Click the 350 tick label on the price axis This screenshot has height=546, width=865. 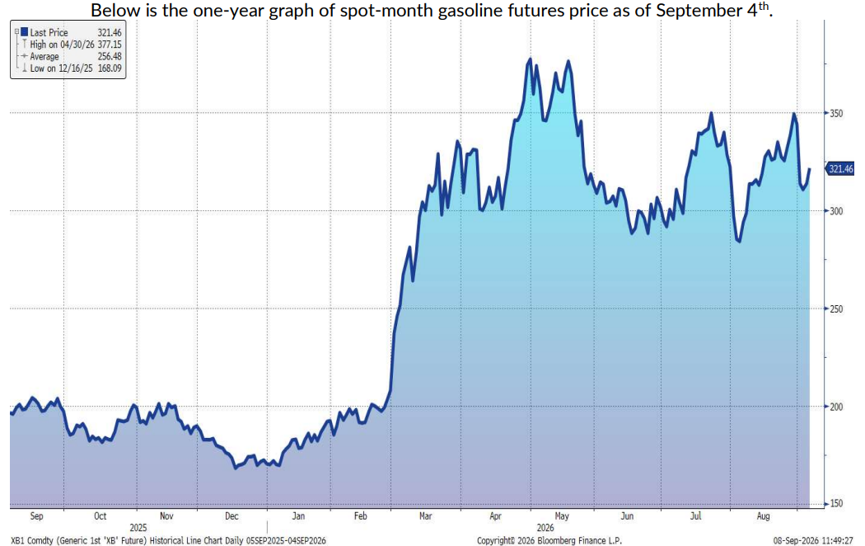836,113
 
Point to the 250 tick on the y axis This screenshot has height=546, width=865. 836,309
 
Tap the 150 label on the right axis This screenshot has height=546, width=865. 836,504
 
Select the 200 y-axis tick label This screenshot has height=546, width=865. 836,407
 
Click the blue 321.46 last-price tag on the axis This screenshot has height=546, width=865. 840,169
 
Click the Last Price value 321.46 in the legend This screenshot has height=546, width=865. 110,33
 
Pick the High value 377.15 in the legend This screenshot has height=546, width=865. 110,45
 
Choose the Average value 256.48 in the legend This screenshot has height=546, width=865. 110,56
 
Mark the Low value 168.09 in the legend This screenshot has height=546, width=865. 110,68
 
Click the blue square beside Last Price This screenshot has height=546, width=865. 24,32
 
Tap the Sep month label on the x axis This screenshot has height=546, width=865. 36,516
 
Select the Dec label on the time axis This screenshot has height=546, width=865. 231,516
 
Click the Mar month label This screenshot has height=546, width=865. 425,516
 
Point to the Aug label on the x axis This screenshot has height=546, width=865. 763,516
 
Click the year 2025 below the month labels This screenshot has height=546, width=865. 138,528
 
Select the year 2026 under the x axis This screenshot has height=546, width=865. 545,528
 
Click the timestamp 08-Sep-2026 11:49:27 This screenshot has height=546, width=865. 813,541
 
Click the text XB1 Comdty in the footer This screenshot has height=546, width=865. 32,541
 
